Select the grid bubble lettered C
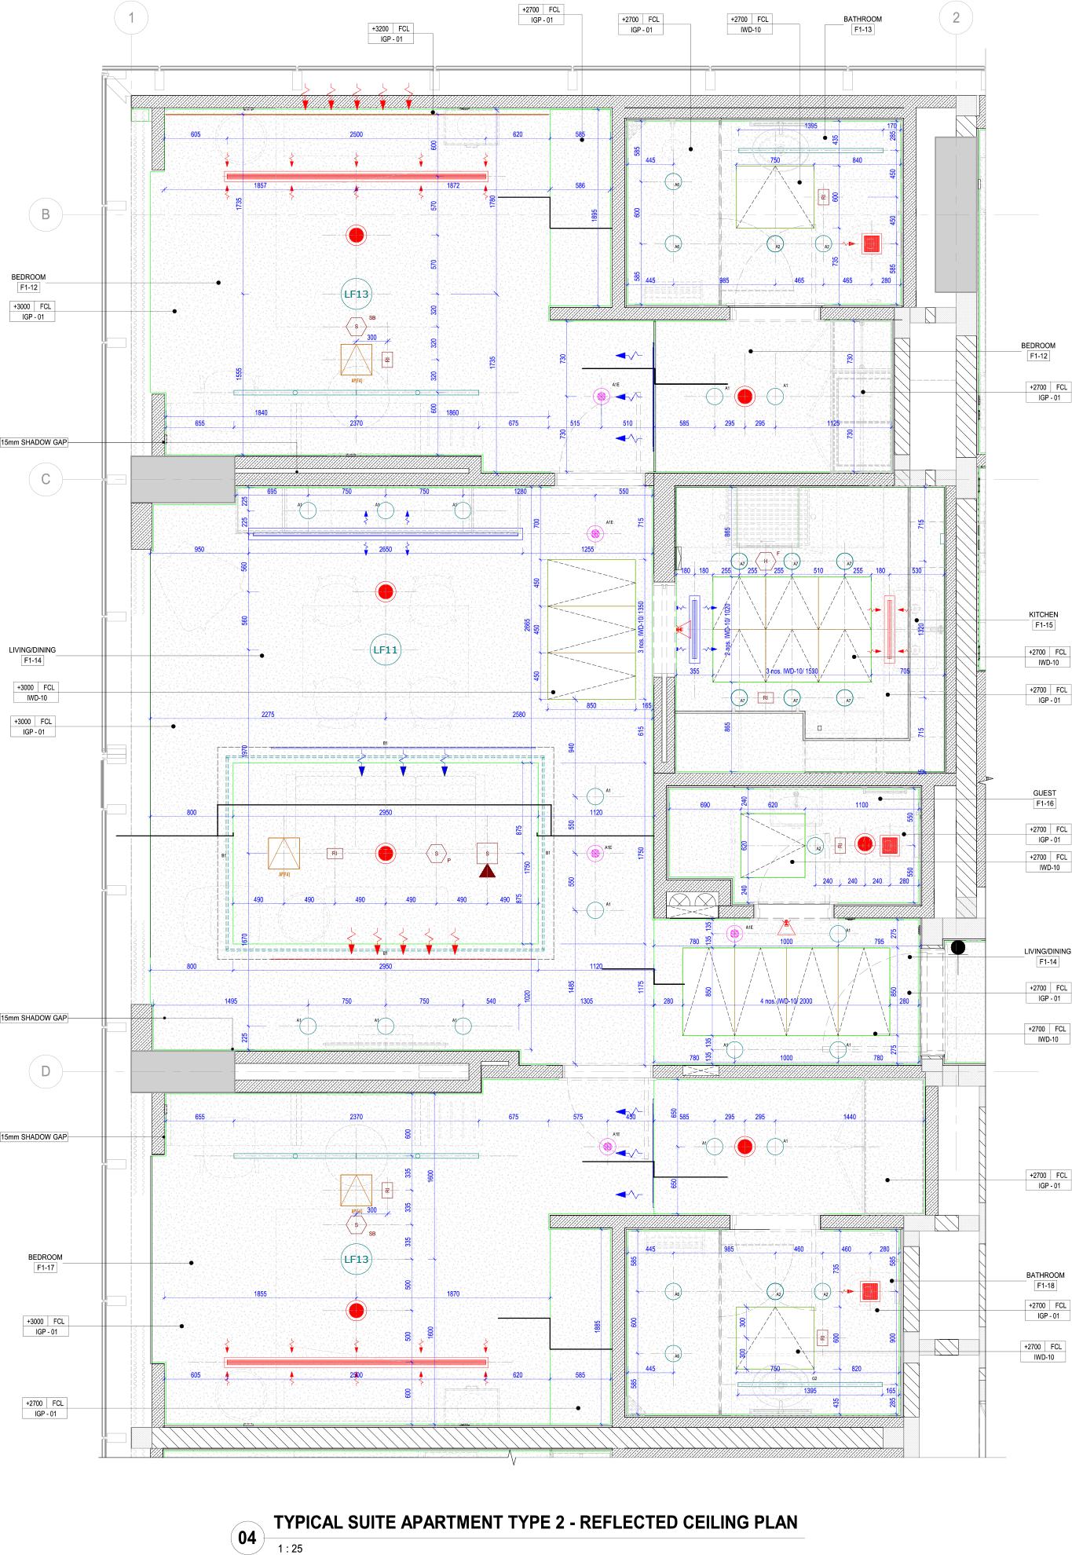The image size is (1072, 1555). click(46, 479)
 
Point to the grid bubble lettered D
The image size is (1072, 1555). click(46, 1071)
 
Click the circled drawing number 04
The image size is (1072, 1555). click(247, 1538)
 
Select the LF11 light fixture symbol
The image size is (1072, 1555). click(385, 649)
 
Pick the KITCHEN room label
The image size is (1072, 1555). click(1043, 615)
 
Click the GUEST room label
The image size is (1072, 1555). click(1045, 793)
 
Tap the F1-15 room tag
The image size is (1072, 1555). click(1044, 625)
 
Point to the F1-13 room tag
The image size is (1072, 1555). click(862, 30)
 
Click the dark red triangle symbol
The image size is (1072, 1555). click(487, 871)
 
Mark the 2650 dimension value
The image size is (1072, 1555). click(385, 550)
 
